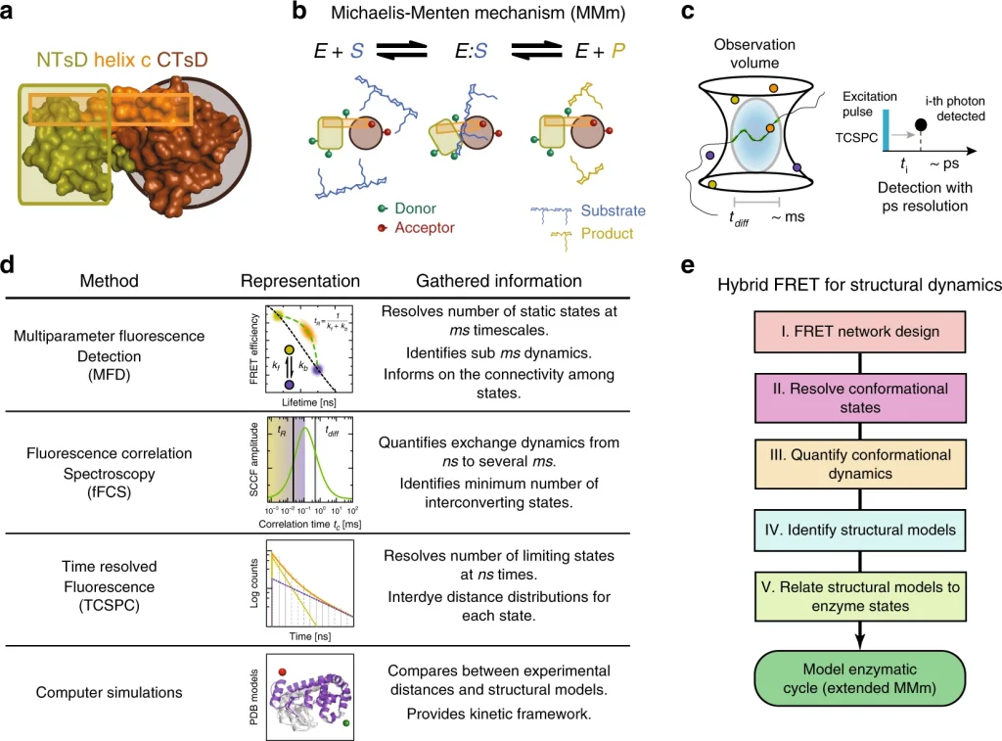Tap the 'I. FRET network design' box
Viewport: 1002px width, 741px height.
click(x=859, y=332)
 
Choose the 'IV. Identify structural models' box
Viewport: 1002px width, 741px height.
click(x=859, y=532)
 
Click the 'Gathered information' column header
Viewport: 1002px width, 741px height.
click(x=497, y=281)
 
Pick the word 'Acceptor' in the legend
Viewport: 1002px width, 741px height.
click(x=425, y=228)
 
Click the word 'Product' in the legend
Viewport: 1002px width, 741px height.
click(x=607, y=233)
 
